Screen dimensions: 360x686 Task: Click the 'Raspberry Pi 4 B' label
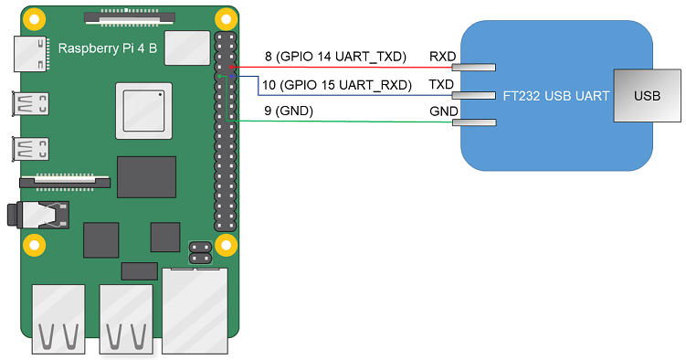coord(110,48)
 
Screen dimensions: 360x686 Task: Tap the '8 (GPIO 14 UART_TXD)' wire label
coord(334,57)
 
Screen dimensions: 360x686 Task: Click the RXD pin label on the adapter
coord(443,57)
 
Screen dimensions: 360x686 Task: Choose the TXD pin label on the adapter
coord(443,84)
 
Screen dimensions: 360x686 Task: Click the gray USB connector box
coord(646,95)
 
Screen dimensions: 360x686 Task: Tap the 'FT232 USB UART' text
coord(556,95)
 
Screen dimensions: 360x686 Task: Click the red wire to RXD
coord(347,67)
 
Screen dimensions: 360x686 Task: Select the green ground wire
coord(347,122)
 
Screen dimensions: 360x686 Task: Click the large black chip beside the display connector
coord(146,176)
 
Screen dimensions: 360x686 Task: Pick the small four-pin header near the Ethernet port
coord(200,251)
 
